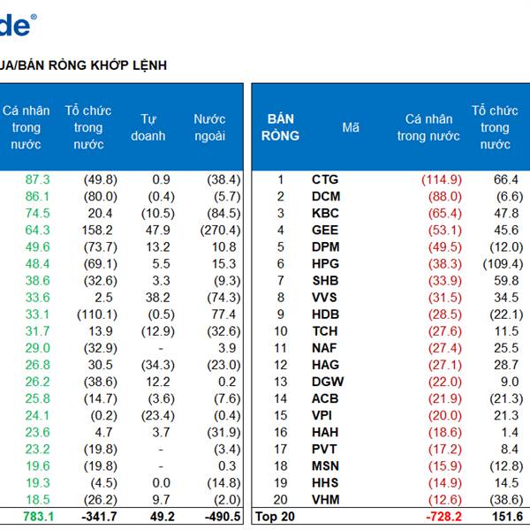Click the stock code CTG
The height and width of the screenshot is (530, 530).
point(324,179)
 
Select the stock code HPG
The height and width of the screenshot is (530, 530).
point(325,264)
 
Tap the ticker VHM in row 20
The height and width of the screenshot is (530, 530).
point(325,500)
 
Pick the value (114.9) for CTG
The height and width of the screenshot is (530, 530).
point(441,179)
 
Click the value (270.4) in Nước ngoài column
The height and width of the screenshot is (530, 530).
point(216,231)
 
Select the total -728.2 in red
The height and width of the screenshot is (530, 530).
point(443,517)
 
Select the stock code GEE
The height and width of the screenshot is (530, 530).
point(324,231)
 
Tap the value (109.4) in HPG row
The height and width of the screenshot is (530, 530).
point(503,264)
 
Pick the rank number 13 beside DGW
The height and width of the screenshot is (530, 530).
point(281,382)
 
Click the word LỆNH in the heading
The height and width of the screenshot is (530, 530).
point(147,65)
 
